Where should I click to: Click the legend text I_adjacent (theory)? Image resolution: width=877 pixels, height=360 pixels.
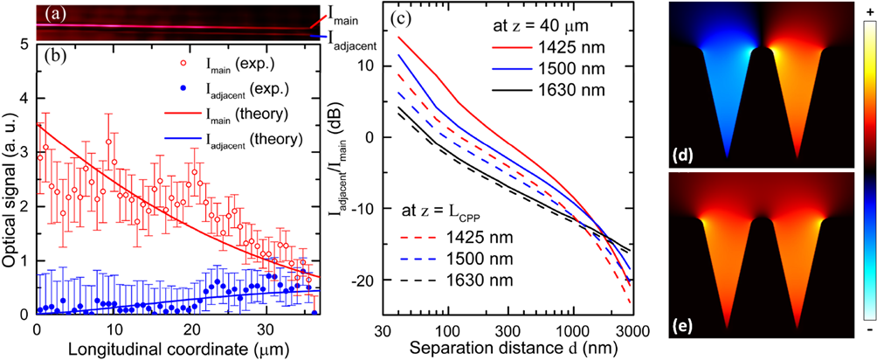pos(253,137)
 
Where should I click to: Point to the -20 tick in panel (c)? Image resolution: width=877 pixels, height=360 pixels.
pos(364,279)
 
